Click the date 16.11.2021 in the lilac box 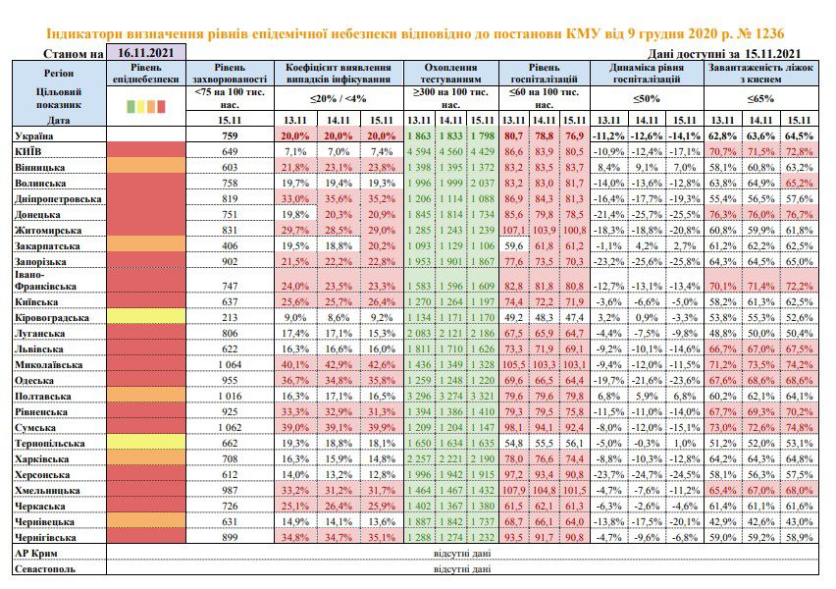coord(146,53)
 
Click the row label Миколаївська coord(48,365)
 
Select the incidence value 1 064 coord(230,365)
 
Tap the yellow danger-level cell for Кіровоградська coord(146,317)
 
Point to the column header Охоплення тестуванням coord(450,73)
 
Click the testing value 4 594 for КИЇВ coord(419,151)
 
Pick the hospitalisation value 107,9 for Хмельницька coord(514,490)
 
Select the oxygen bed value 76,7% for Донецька coord(799,214)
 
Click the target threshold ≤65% coord(760,99)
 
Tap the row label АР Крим coord(35,554)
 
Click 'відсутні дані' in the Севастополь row coord(462,568)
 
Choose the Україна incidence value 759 coord(230,136)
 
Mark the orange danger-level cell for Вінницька coord(146,167)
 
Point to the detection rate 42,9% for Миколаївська coord(339,365)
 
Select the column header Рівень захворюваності coord(230,73)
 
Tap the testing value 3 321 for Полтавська coord(483,397)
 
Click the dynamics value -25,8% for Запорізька coord(685,262)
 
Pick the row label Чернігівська coord(45,538)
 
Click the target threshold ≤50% coord(647,99)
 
